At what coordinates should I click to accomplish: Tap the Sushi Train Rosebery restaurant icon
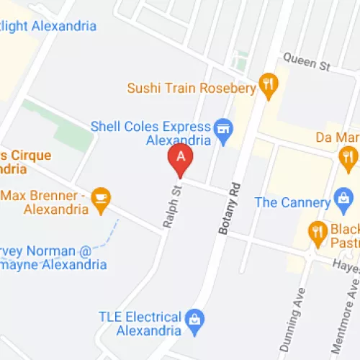click(269, 86)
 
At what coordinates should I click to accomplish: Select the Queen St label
click(306, 62)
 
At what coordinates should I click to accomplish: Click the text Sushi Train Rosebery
click(192, 89)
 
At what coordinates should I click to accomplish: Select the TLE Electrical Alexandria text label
click(140, 323)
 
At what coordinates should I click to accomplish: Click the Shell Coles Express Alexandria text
click(150, 132)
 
